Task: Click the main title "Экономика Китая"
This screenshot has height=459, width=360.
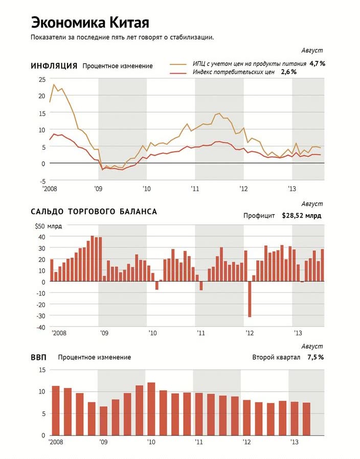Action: [90, 23]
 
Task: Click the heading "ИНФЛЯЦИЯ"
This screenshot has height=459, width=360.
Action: [54, 66]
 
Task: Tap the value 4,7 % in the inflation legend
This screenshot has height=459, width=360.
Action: [317, 63]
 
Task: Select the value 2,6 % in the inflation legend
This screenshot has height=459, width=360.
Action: [288, 72]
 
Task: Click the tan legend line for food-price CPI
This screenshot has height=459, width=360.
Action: [178, 64]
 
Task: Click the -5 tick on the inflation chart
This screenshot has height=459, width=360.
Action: [43, 181]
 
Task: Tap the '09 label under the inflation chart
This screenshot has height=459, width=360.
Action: [98, 189]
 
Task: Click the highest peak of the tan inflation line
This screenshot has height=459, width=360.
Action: [54, 84]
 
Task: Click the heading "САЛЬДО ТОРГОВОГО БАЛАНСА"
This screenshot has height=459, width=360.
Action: [94, 212]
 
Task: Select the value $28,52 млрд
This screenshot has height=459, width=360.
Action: [301, 216]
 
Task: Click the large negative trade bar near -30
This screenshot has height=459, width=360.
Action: [250, 299]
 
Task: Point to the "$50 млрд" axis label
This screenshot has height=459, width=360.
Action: [49, 226]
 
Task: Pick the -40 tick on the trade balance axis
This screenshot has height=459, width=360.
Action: [41, 328]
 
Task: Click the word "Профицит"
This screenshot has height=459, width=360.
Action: [259, 216]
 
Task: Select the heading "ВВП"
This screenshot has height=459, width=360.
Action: [38, 357]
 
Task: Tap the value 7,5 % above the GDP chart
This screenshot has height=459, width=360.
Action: [316, 357]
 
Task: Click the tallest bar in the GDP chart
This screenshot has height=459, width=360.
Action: [151, 409]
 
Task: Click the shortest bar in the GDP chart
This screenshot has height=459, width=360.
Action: [103, 421]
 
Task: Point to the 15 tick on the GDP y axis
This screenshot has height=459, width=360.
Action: [42, 370]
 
